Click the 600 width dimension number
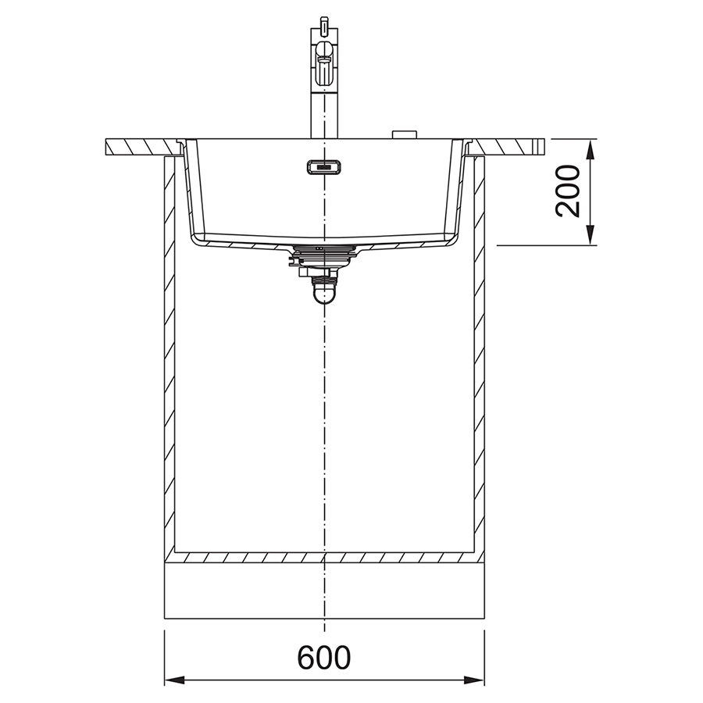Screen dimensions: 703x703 point(324,658)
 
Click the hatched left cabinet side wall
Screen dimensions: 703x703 point(169,351)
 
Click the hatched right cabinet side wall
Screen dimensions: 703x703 point(480,351)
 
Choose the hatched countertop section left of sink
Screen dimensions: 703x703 point(141,146)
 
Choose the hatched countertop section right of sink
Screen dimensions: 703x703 point(508,146)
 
